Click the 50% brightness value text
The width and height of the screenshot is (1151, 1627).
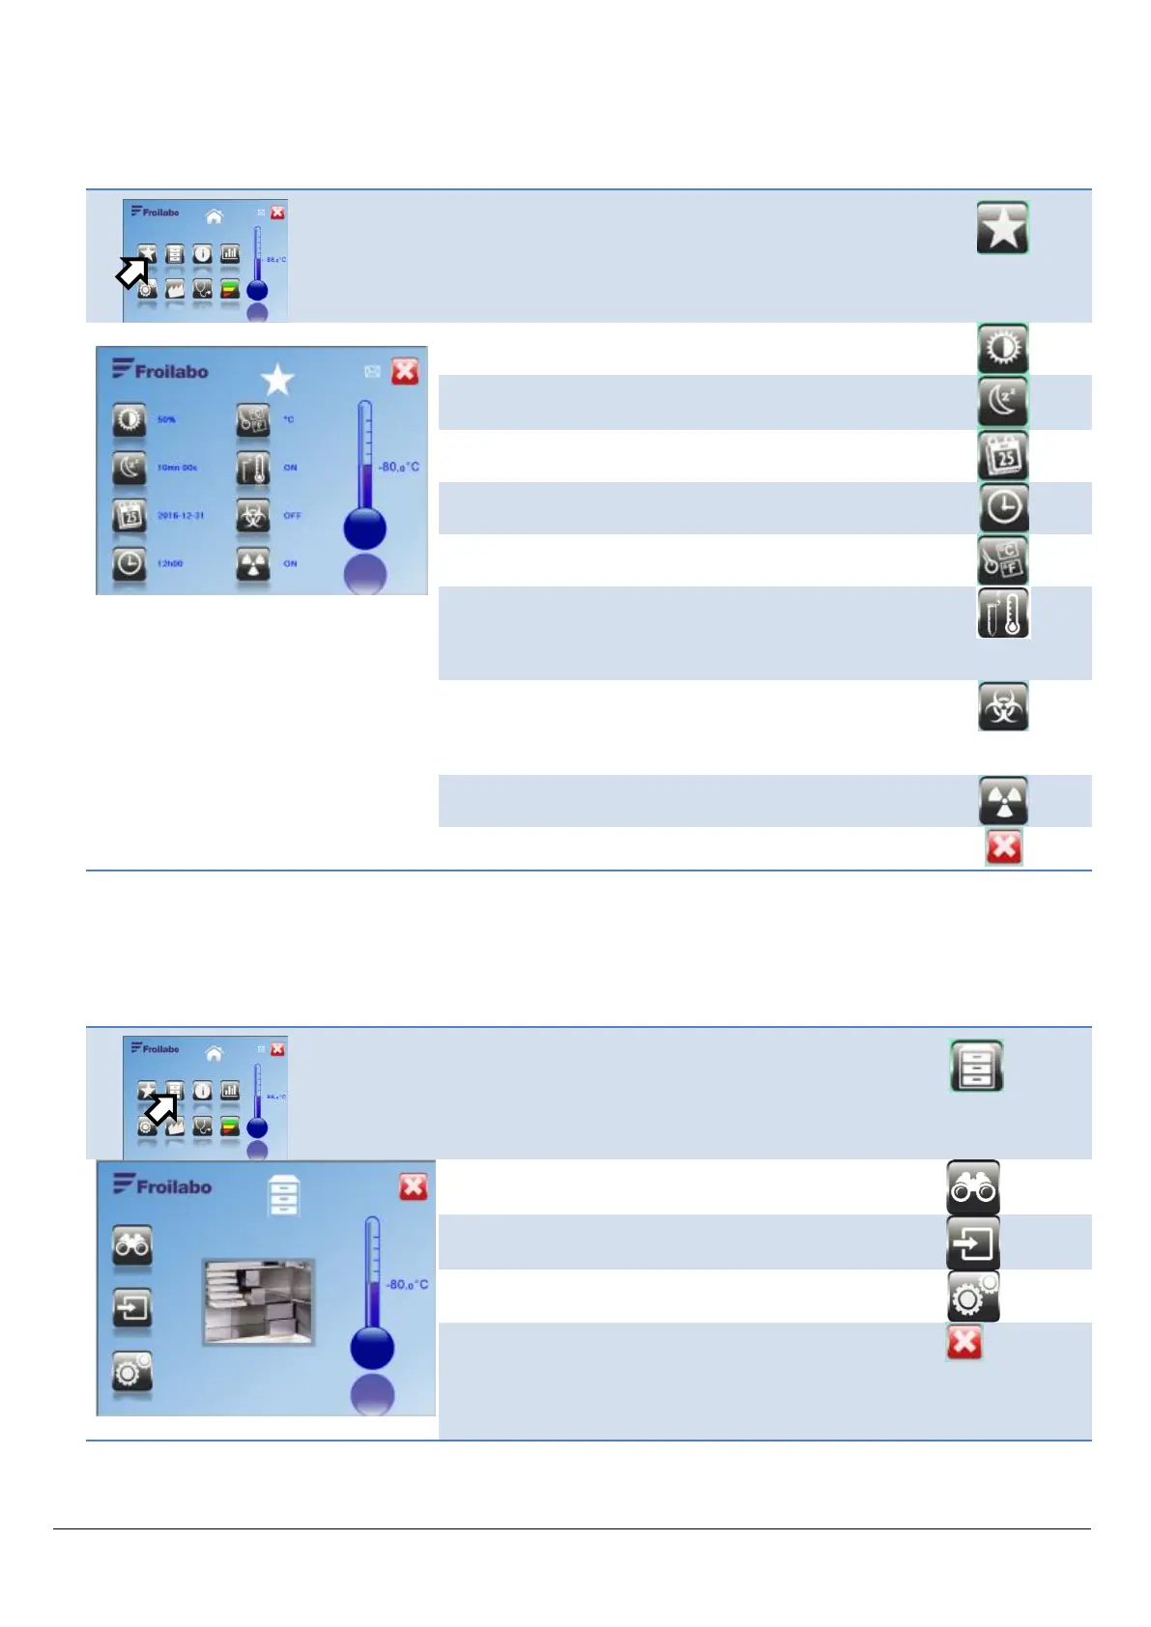pyautogui.click(x=166, y=420)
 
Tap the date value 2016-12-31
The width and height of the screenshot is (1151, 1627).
pyautogui.click(x=181, y=516)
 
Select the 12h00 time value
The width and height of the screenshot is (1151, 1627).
pyautogui.click(x=170, y=563)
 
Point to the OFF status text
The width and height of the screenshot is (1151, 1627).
pyautogui.click(x=292, y=516)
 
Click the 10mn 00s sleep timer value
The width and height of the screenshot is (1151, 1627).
pyautogui.click(x=177, y=468)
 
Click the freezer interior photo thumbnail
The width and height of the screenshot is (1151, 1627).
pyautogui.click(x=258, y=1300)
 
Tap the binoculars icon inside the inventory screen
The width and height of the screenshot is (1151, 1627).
pyautogui.click(x=131, y=1245)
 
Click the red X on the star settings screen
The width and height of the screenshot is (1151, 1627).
pyautogui.click(x=405, y=371)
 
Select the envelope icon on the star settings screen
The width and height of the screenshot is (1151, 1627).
pyautogui.click(x=372, y=371)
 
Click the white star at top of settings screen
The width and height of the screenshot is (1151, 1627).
pyautogui.click(x=277, y=379)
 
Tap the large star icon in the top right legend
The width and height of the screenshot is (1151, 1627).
pyautogui.click(x=1002, y=228)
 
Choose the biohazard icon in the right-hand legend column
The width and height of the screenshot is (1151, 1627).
pyautogui.click(x=1003, y=707)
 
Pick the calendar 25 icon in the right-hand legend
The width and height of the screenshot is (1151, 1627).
pyautogui.click(x=1003, y=456)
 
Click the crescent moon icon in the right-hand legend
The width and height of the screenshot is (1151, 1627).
pyautogui.click(x=1003, y=402)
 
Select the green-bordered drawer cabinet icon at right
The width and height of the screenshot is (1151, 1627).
pyautogui.click(x=976, y=1066)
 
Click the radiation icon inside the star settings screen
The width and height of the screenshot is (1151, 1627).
pyautogui.click(x=253, y=564)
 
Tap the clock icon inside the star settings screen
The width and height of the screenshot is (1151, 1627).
pyautogui.click(x=129, y=564)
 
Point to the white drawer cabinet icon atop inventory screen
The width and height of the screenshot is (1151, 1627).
pyautogui.click(x=283, y=1196)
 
